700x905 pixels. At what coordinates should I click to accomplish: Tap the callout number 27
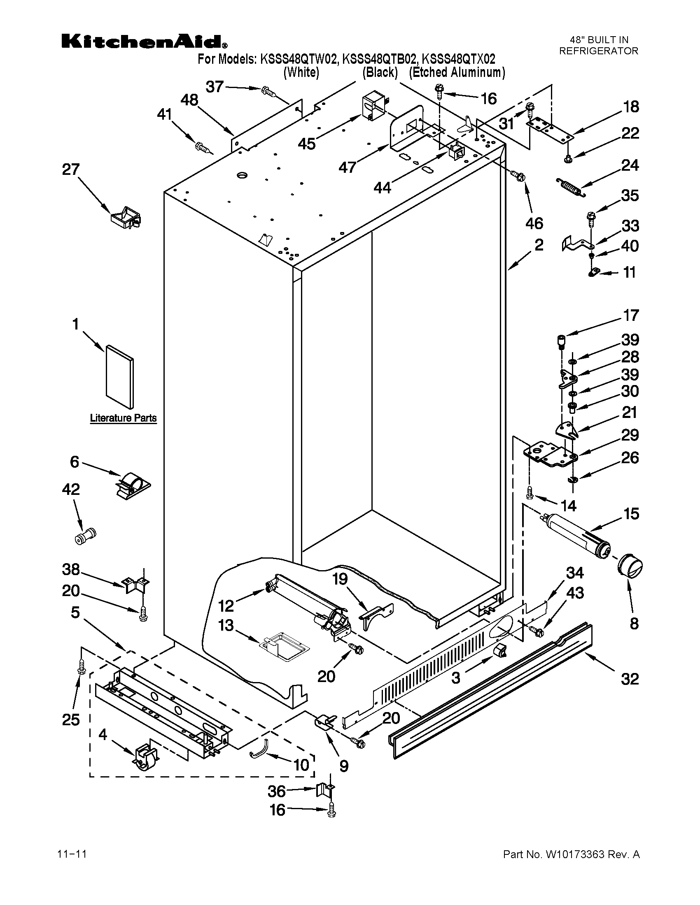click(x=70, y=169)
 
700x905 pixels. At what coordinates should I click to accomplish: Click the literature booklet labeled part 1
click(x=120, y=376)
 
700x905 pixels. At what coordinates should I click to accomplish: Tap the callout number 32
click(x=630, y=679)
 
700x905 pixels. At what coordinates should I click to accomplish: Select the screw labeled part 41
click(x=202, y=147)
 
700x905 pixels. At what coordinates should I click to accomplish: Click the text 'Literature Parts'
click(x=123, y=418)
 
